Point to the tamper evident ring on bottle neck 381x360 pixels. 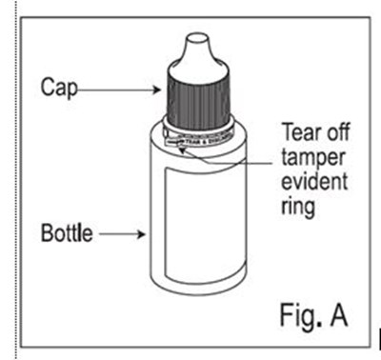199,132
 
